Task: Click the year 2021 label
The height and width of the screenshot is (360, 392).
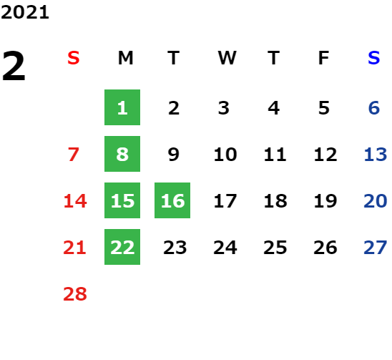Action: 25,12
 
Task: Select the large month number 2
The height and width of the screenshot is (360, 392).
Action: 14,66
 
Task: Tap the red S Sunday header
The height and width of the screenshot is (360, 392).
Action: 73,58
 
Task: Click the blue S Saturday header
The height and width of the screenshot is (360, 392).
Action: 373,58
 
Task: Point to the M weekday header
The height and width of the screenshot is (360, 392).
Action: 125,58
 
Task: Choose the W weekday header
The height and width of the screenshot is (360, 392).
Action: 227,58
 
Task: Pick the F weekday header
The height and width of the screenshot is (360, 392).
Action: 323,58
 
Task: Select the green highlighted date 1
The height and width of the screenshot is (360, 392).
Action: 122,107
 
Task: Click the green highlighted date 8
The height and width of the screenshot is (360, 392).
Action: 122,154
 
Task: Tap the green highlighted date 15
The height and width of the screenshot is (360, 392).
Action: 122,200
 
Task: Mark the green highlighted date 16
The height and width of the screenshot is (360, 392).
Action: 172,200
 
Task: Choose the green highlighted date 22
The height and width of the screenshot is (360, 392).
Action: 122,247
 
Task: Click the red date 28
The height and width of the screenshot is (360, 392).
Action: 75,293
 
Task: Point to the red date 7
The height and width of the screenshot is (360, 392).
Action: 74,154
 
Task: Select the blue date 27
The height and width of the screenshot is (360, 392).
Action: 376,248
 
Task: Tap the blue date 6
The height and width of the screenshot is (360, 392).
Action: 374,108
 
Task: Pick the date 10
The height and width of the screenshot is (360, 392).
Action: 225,154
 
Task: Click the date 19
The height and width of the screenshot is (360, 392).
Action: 325,200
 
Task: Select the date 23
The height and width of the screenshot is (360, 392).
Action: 175,248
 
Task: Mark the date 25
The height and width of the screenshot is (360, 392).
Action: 275,248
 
